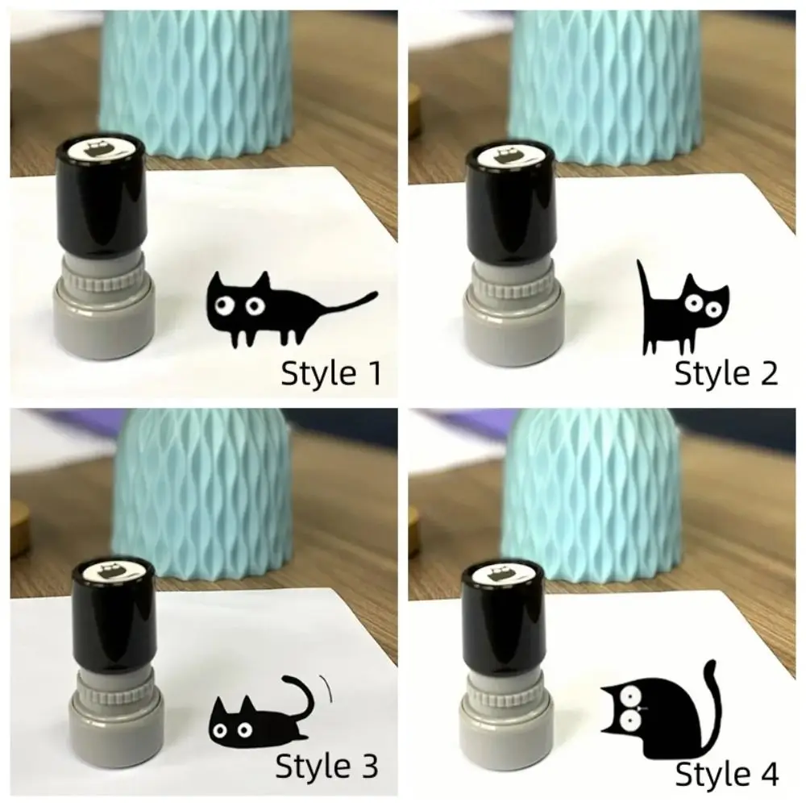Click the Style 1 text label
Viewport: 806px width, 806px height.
click(330, 374)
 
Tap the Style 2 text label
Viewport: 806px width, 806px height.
click(726, 374)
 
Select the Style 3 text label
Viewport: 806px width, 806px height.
click(326, 767)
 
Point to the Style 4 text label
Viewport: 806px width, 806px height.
click(726, 775)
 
